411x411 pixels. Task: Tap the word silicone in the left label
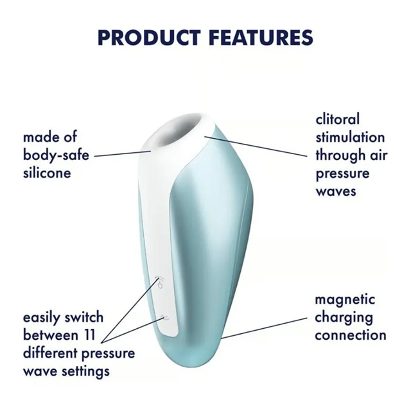(x=47, y=173)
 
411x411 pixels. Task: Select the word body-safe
(x=56, y=155)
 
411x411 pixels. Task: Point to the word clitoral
(x=338, y=119)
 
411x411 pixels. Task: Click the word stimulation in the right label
(x=350, y=137)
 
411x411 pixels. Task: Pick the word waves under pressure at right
(x=336, y=191)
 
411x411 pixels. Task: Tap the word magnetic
(x=345, y=300)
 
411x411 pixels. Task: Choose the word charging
(x=344, y=318)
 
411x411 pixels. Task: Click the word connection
(x=350, y=335)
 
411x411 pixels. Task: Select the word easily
(x=42, y=318)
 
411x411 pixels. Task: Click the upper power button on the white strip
(x=160, y=281)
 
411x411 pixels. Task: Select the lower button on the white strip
(x=164, y=317)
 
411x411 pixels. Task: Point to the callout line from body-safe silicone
(x=122, y=154)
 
